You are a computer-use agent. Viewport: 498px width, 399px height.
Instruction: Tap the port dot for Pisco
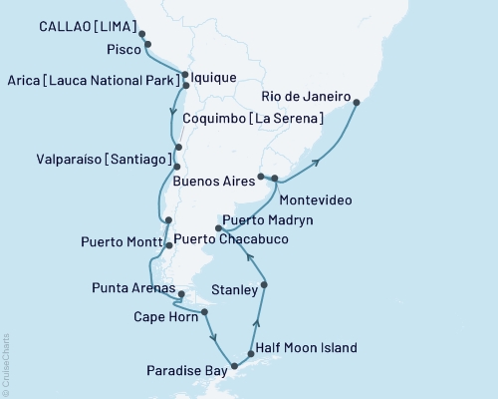(x=148, y=45)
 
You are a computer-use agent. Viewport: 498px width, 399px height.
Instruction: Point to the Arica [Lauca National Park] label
(x=94, y=80)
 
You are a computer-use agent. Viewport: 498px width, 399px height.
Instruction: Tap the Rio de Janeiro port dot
(x=357, y=101)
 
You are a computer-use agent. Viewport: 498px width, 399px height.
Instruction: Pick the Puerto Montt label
(x=121, y=242)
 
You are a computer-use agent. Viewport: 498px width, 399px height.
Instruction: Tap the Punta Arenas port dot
(x=182, y=294)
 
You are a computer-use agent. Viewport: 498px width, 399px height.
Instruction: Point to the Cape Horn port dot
(x=205, y=312)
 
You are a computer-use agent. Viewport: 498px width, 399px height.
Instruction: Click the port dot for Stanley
(x=264, y=286)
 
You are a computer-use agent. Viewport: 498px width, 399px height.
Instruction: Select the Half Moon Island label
(x=306, y=348)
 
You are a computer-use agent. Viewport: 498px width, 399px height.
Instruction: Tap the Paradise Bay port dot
(x=235, y=367)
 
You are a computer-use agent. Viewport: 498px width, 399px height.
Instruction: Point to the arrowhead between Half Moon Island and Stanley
(x=257, y=321)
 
